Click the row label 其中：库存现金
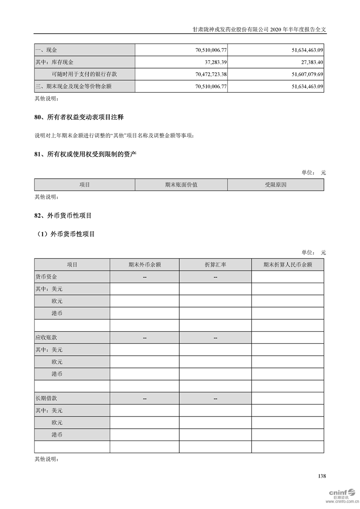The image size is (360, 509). (x=54, y=62)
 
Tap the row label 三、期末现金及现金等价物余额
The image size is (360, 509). (x=73, y=86)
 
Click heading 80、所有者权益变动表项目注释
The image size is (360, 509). (x=79, y=117)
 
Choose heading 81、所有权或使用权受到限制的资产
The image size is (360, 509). (x=85, y=155)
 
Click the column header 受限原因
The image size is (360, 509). (x=276, y=185)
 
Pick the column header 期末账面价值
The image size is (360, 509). (x=181, y=185)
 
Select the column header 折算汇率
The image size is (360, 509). (x=215, y=264)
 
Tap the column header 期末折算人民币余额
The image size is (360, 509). (x=288, y=264)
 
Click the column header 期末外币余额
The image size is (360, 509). (x=144, y=264)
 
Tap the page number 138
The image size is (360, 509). (x=322, y=476)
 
